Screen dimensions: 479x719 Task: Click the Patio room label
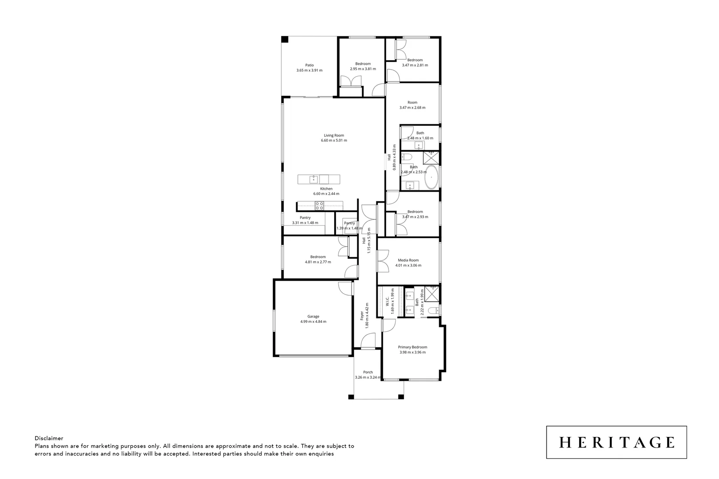pos(309,65)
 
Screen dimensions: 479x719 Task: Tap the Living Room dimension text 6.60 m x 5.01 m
pos(334,141)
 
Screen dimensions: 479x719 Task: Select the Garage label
pos(313,316)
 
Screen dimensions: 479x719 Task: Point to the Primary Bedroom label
pos(412,347)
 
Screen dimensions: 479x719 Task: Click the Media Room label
pos(408,260)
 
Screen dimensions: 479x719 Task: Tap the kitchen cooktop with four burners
pos(319,205)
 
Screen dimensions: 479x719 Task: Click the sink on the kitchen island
pos(313,179)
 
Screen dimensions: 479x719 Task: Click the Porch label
pos(367,372)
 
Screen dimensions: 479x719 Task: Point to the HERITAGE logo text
pos(616,442)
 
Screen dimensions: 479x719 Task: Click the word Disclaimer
pos(49,438)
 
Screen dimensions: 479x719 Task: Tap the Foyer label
pos(362,315)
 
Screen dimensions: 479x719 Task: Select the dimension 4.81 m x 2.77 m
pos(318,262)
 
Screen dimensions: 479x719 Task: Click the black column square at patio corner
pos(285,39)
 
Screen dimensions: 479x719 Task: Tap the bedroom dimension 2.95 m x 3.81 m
pos(363,69)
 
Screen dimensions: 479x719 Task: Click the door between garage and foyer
pos(346,288)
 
